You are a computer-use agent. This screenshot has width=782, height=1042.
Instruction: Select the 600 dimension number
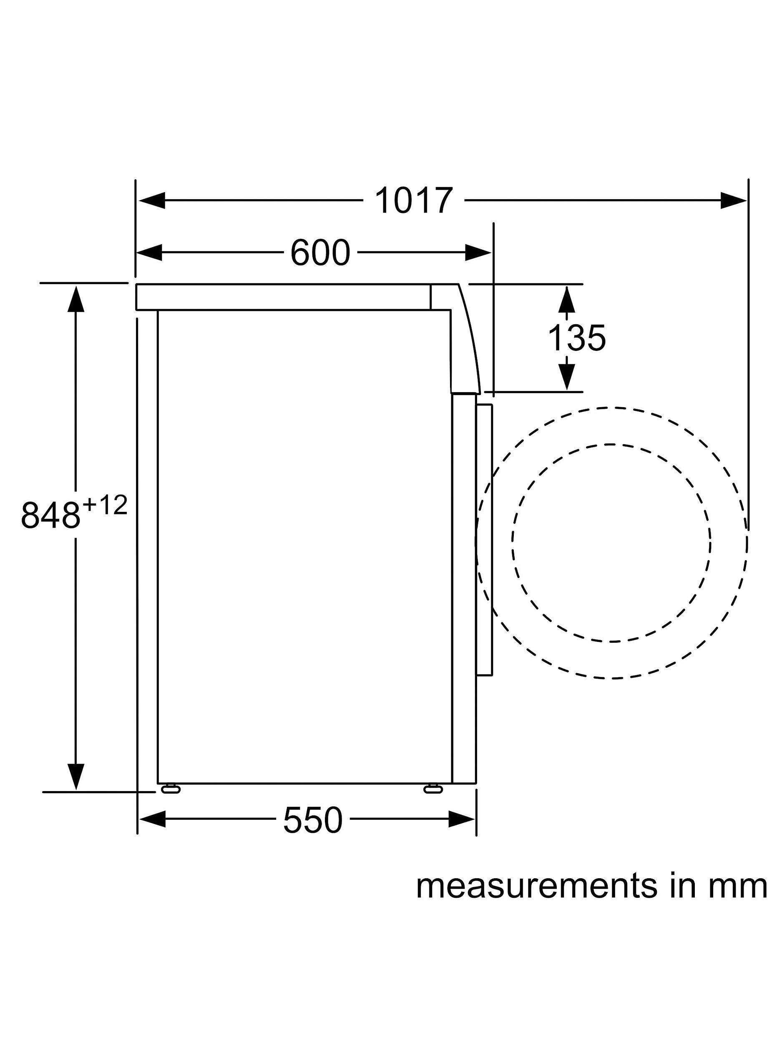[320, 253]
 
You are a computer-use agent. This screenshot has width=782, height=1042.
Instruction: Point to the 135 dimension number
[576, 338]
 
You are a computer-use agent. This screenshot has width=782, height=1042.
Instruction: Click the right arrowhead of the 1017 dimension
[734, 200]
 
